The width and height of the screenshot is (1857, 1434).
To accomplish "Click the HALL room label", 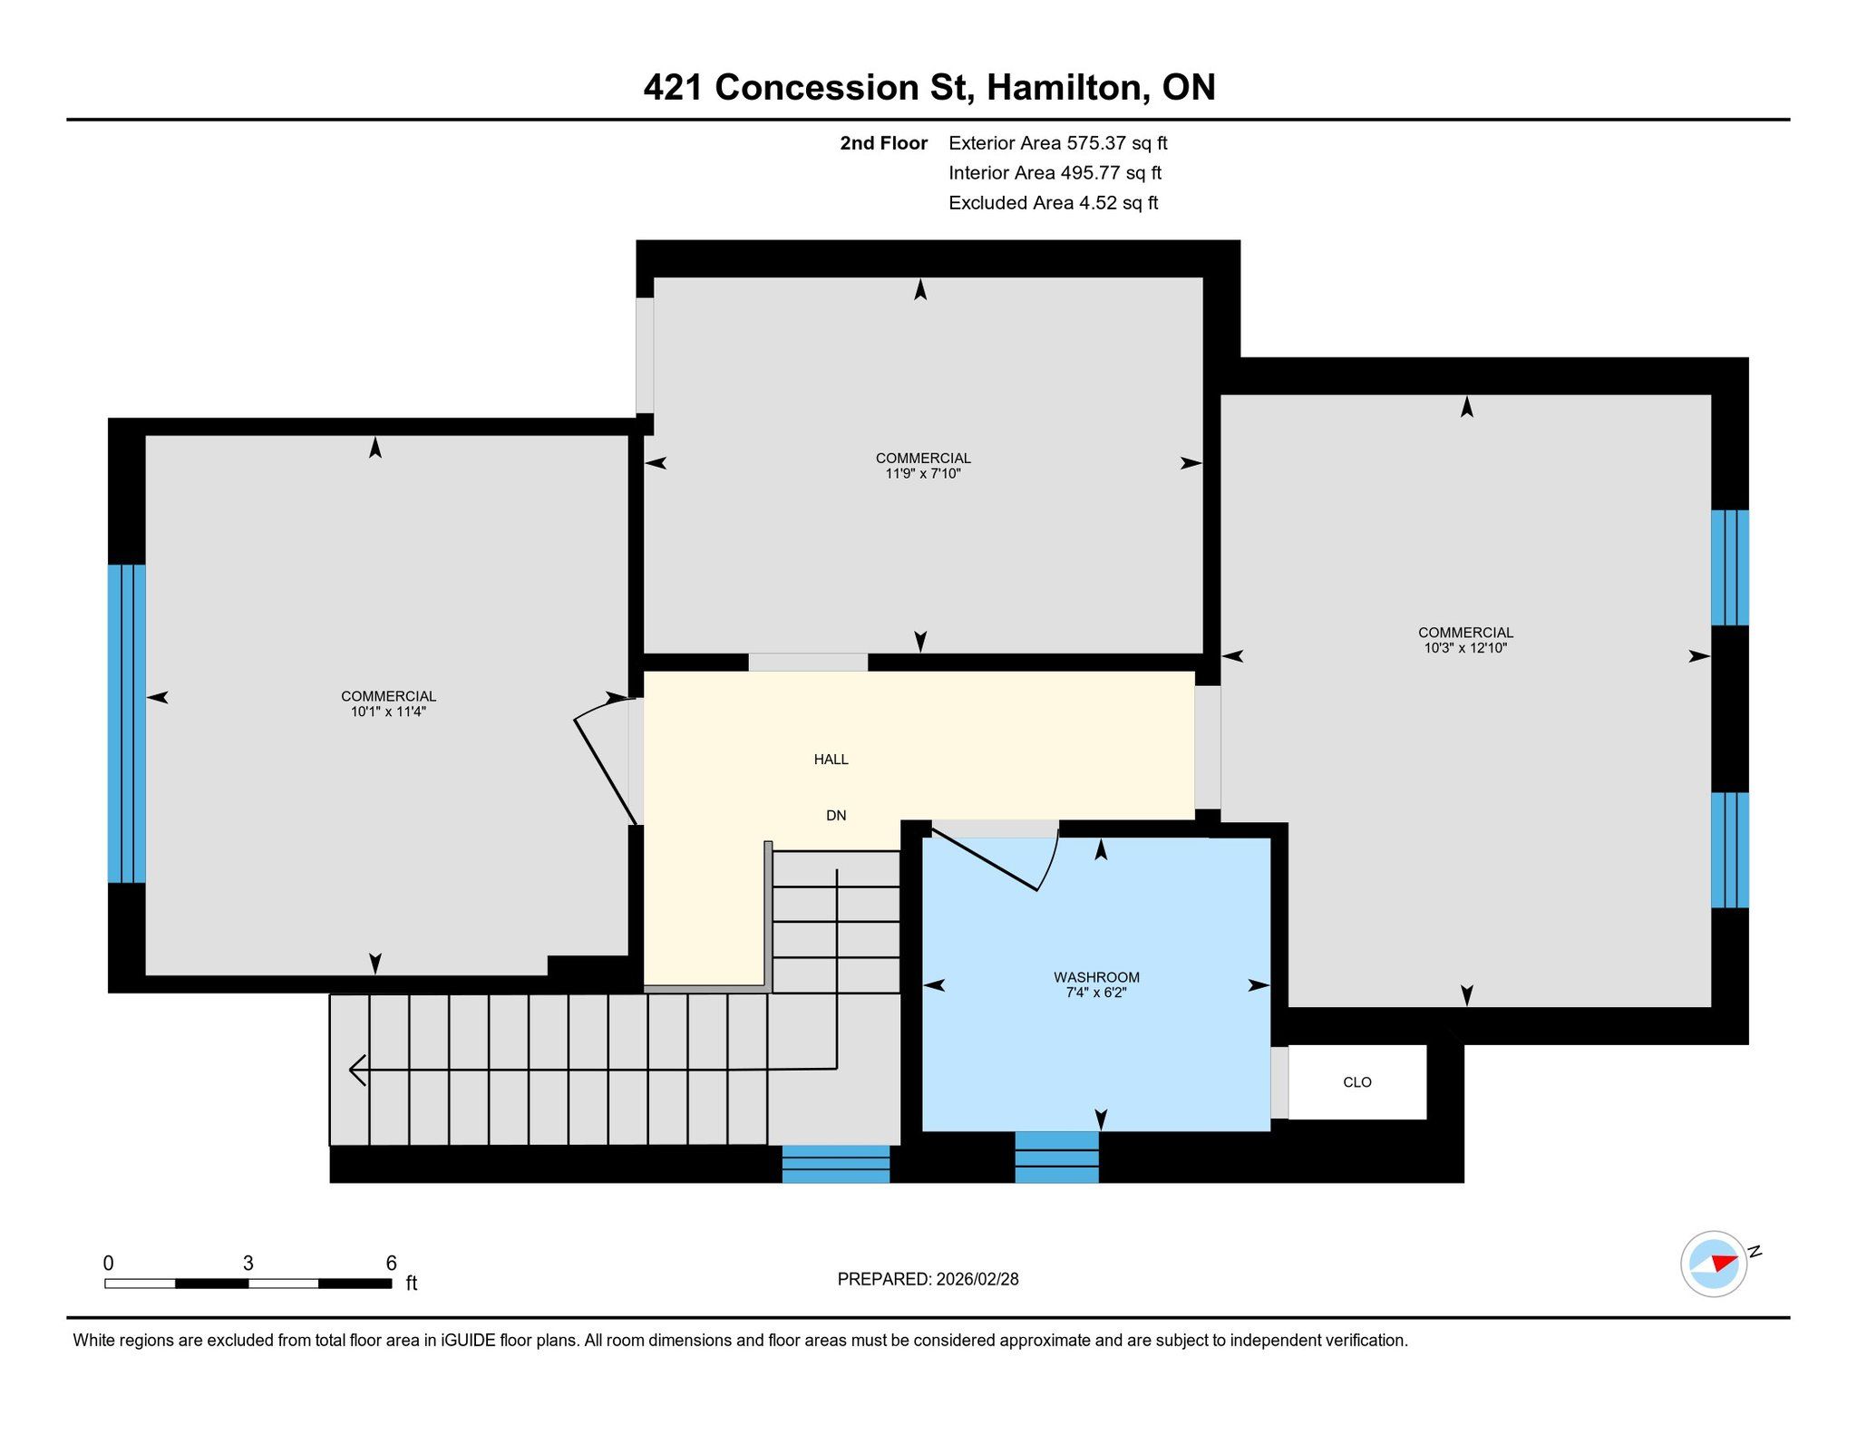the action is pos(831,760).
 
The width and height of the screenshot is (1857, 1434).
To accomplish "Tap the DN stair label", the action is pos(836,816).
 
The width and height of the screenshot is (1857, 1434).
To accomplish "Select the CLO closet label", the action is pos(1357,1082).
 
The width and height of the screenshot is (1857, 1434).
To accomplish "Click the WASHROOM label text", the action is pos(1096,977).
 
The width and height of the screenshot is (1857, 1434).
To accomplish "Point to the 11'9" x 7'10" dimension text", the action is pos(923,473).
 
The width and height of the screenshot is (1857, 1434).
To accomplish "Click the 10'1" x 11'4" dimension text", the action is pos(388,712).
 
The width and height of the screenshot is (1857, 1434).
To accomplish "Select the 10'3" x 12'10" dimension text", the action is pos(1465,648).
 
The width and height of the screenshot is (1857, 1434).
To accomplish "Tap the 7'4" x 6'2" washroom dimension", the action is pos(1096,993).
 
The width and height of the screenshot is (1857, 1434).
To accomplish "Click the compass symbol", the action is pos(1714,1264).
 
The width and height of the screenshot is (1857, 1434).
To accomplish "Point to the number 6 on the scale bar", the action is pos(392,1263).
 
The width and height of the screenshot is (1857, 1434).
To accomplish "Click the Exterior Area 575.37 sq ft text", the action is pos(1058,143).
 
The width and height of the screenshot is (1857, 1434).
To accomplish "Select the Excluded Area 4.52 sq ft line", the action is pos(1054,203).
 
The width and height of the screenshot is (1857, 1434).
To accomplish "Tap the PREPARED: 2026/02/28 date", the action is pos(928,1279).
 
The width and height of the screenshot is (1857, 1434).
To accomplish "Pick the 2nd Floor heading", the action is pos(883,143).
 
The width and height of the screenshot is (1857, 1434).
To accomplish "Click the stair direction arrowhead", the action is pos(357,1071).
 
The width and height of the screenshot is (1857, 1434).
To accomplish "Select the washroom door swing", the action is pos(996,857).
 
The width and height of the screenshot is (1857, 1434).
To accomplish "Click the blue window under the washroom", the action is pos(1056,1158).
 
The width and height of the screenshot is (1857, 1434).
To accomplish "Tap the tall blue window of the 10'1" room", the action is pos(126,723).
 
